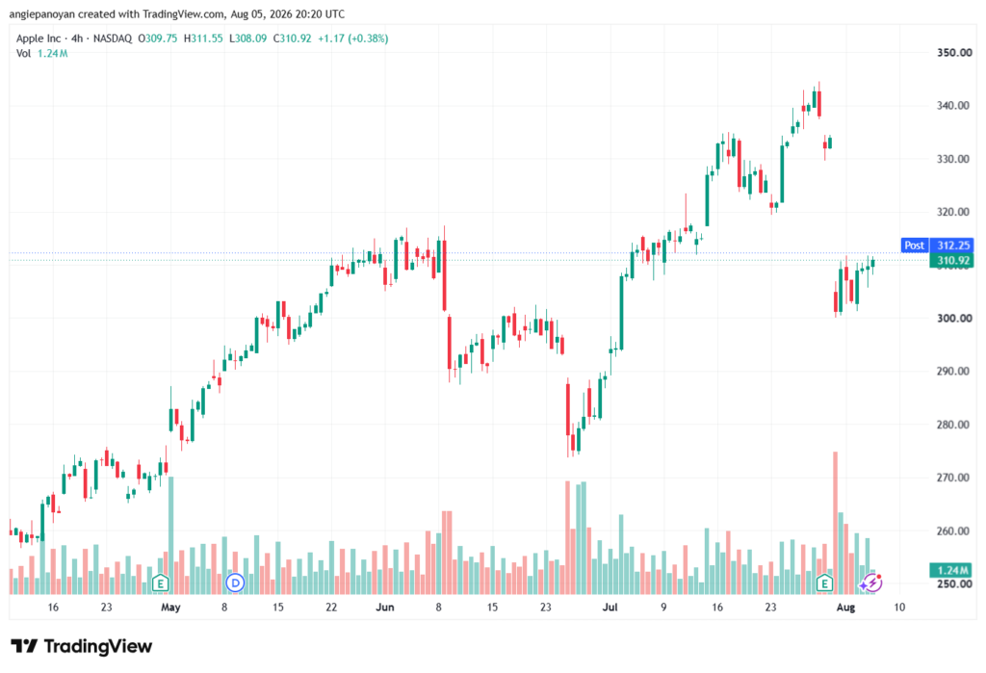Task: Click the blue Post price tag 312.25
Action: [937, 246]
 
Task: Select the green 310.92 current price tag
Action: [951, 260]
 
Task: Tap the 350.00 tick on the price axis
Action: [954, 53]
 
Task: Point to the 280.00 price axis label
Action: [954, 425]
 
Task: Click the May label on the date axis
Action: [170, 607]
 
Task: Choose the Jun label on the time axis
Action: [385, 607]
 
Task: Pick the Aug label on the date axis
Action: [845, 607]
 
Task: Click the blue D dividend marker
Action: [235, 583]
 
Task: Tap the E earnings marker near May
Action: [161, 583]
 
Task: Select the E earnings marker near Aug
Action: [824, 583]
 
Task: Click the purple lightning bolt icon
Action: [871, 583]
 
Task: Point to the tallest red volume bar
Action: [835, 523]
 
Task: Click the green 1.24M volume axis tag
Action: [951, 571]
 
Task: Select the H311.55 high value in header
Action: [203, 39]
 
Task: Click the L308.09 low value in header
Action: [247, 39]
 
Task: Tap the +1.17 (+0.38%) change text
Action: [352, 39]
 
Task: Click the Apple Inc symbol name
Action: [39, 39]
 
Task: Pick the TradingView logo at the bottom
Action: [82, 646]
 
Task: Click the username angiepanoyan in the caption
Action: [41, 13]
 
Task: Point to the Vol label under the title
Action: [23, 54]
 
